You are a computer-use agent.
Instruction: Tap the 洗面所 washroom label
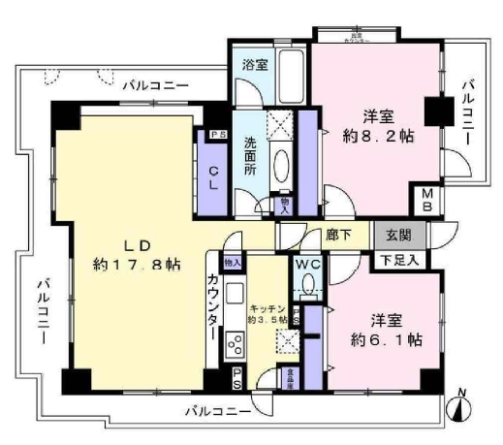point(249,155)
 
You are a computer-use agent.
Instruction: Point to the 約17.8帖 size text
point(137,263)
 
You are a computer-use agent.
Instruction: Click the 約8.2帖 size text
point(375,137)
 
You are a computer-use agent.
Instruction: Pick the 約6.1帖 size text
point(385,339)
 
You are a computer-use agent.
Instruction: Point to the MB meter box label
point(427,201)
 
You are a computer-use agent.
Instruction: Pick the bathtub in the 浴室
point(288,79)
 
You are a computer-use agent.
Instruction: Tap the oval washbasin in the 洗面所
point(281,166)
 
